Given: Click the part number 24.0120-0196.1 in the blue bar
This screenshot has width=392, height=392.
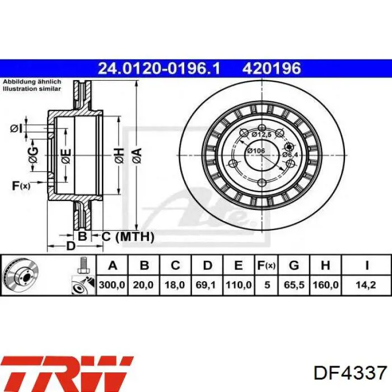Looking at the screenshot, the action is coord(159,68).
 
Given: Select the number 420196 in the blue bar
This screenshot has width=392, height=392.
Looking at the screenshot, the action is coord(272,68).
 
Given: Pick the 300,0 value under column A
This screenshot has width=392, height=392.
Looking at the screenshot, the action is coord(112,284).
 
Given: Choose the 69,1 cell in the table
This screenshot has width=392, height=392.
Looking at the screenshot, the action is coord(206,284).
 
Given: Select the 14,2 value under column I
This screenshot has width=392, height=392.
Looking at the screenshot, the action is coord(366,284).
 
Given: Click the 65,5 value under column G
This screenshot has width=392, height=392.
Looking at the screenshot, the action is coord(294,284).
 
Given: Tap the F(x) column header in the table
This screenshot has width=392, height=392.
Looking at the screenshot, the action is coord(266,265).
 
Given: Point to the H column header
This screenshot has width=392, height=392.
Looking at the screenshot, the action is coord(325,265).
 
